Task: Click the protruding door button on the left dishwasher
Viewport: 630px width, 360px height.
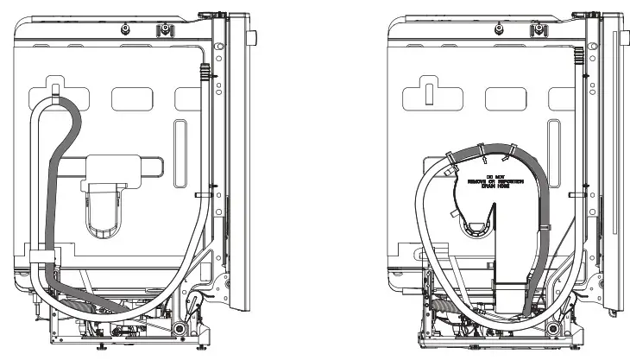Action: tap(254, 38)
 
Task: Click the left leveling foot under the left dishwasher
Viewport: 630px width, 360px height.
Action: tap(102, 347)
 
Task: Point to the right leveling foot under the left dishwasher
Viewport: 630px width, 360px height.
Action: tap(201, 347)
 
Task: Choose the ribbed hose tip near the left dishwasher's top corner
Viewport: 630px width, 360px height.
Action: tap(204, 72)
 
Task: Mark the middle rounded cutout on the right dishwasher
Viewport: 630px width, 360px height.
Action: tap(503, 98)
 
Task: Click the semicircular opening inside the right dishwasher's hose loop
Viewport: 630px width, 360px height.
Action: tap(473, 226)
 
